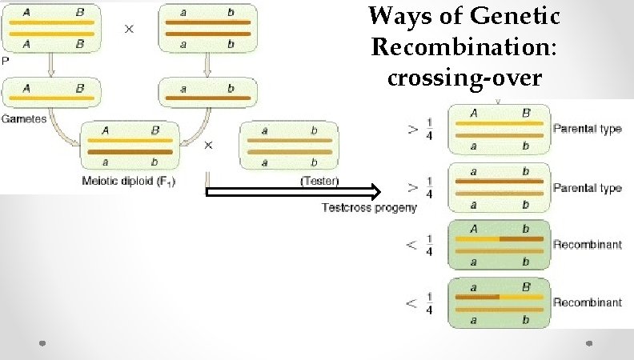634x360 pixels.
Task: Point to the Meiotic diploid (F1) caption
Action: pos(129,181)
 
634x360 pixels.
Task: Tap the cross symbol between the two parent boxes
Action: pos(129,27)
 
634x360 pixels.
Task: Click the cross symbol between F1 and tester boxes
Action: pos(208,145)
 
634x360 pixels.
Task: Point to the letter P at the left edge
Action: pos(5,60)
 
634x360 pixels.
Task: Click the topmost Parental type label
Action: pos(587,129)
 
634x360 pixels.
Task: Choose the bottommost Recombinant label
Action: pos(587,302)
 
